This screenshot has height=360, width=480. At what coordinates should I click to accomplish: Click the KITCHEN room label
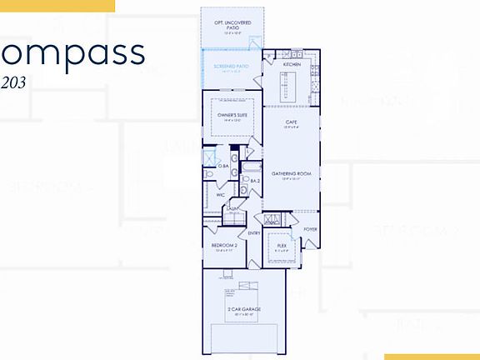[291, 64]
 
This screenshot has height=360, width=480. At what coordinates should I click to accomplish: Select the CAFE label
[291, 122]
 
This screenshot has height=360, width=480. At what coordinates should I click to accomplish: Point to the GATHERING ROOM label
[291, 173]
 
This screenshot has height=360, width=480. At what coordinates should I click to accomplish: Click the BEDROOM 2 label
[224, 245]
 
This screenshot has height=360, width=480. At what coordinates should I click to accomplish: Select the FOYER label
[310, 228]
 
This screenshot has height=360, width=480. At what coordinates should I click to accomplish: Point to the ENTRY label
[254, 232]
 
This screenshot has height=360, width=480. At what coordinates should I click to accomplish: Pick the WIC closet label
[220, 195]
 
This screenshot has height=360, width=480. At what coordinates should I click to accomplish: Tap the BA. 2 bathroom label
[256, 180]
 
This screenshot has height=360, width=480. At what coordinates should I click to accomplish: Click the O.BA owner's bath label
[224, 166]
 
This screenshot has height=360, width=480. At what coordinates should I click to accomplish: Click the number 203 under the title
[14, 81]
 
